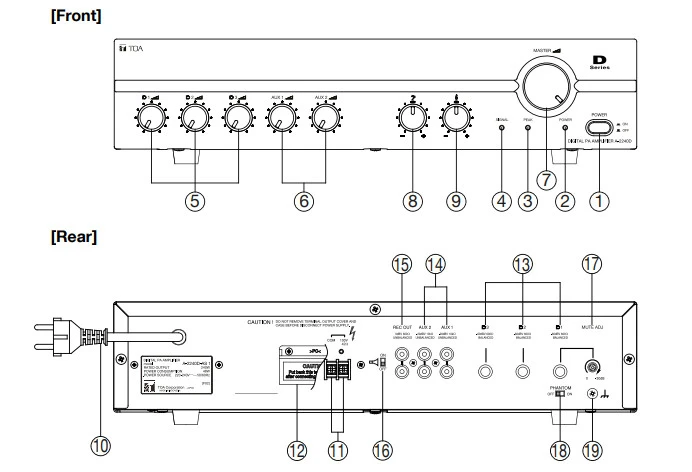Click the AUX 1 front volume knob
[x=279, y=121]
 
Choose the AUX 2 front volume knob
[x=324, y=121]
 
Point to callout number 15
[x=402, y=264]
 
